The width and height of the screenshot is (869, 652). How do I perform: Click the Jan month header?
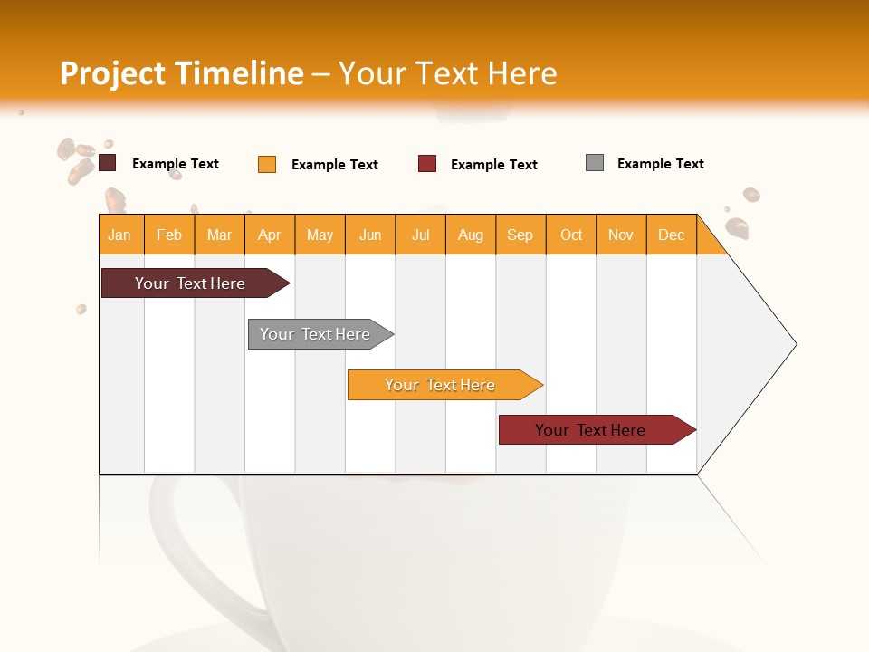(119, 235)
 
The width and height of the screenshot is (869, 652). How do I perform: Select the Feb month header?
(169, 235)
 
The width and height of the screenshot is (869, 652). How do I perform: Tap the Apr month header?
(270, 235)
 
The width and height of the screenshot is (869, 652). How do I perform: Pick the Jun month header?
(370, 235)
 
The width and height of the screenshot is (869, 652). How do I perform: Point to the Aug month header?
(471, 235)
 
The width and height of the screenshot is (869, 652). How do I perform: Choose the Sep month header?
(520, 235)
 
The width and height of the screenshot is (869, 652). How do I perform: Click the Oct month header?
(571, 235)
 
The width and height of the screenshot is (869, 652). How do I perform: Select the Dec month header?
(672, 235)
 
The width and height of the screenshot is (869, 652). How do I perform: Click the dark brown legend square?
(108, 163)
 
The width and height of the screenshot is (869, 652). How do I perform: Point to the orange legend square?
(267, 164)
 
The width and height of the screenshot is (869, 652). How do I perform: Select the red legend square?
(427, 164)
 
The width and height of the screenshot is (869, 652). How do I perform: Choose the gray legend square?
(595, 163)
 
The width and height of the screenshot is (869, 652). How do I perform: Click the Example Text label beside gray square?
(661, 164)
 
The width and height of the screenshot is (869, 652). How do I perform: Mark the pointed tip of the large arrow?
(795, 344)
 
